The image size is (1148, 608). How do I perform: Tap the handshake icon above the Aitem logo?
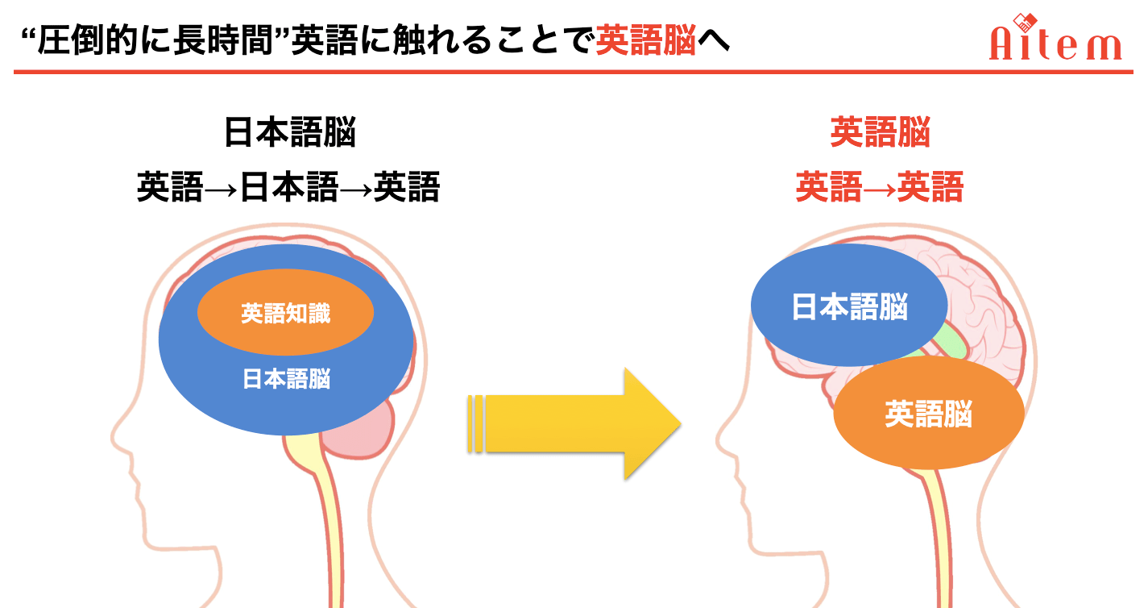(1025, 22)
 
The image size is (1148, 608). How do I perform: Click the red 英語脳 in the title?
(646, 40)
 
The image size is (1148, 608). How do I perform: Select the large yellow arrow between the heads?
(574, 424)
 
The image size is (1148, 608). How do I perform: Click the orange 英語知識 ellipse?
(285, 312)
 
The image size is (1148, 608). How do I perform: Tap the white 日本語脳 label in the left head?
(286, 379)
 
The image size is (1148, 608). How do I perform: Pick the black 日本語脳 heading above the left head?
(290, 132)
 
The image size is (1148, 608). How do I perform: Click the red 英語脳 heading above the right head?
(880, 132)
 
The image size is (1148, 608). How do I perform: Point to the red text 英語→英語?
(880, 187)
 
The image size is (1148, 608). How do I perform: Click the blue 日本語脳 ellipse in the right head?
(848, 305)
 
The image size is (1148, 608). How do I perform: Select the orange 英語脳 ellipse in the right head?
(929, 413)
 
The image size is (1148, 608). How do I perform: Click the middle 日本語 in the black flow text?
(289, 187)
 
